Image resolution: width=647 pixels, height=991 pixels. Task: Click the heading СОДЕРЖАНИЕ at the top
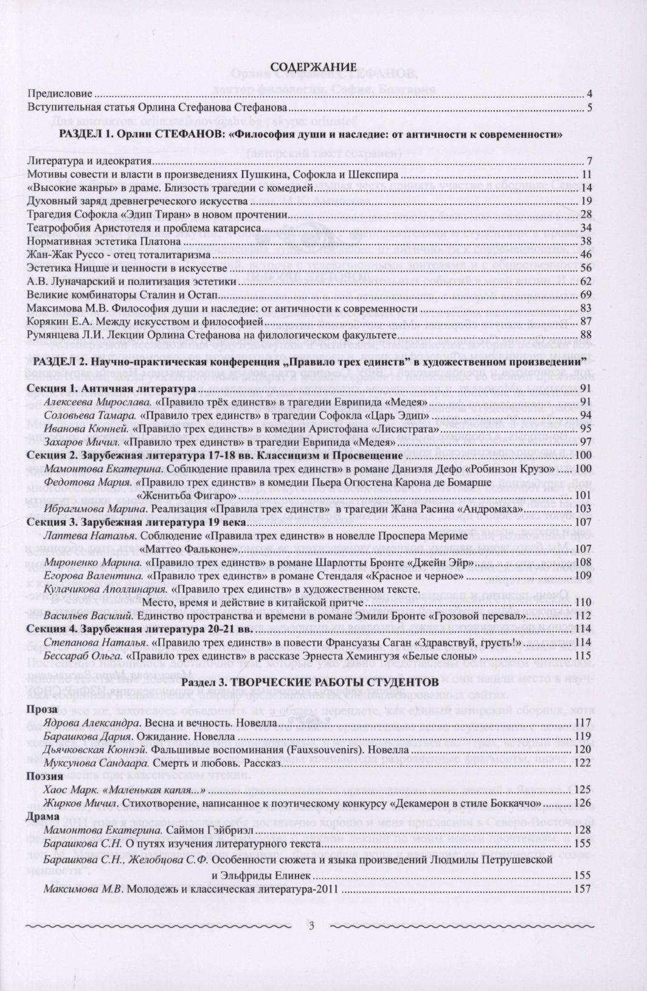(x=313, y=66)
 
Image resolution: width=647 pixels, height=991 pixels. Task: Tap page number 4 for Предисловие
(x=589, y=94)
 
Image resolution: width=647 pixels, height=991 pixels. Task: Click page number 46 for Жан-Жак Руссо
(x=586, y=255)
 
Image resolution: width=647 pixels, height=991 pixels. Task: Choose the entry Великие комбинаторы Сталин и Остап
(x=122, y=295)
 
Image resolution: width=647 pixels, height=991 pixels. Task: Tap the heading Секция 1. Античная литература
(x=111, y=388)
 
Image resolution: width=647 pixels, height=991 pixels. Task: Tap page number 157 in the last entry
(x=583, y=889)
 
